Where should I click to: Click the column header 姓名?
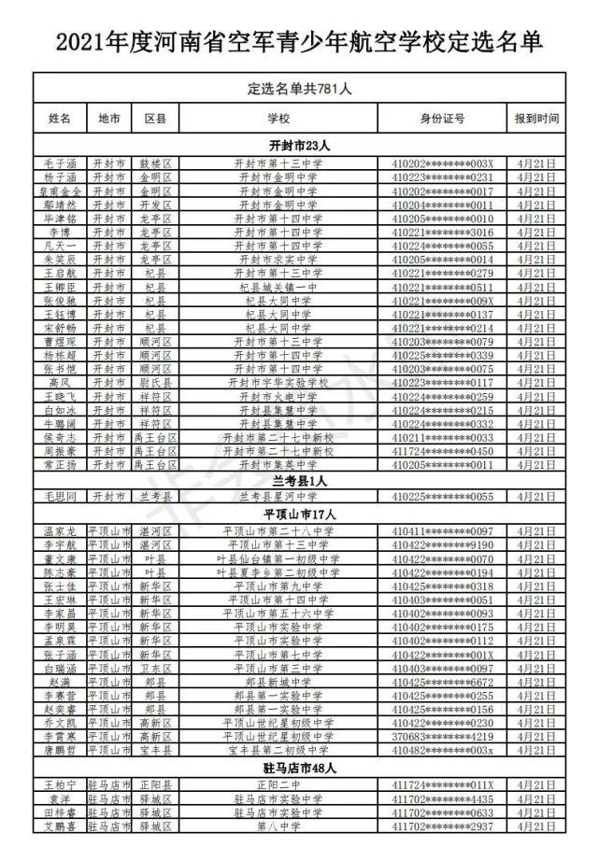[60, 119]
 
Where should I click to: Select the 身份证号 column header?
[442, 119]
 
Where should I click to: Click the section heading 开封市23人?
[299, 145]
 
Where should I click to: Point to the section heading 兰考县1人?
[299, 480]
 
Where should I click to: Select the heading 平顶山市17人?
[299, 514]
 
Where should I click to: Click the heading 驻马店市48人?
[299, 768]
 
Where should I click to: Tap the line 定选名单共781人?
[299, 89]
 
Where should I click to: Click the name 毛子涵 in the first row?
[60, 162]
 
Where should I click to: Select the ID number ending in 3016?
[442, 232]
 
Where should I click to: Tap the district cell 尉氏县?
[155, 383]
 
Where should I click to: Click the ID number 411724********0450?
[442, 451]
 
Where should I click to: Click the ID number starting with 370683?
[442, 736]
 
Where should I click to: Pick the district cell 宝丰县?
[155, 750]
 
